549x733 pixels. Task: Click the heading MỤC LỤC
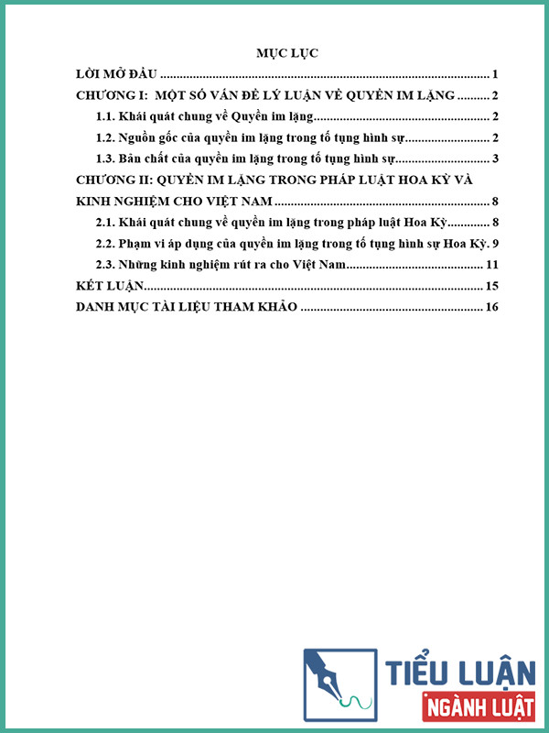(287, 53)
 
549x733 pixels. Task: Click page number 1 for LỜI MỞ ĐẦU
(494, 74)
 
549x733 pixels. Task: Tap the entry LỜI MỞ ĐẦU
(117, 74)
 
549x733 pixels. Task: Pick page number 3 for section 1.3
(494, 159)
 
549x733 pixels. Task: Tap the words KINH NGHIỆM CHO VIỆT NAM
(173, 202)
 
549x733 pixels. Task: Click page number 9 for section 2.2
(494, 244)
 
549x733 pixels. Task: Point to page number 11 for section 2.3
(490, 265)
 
